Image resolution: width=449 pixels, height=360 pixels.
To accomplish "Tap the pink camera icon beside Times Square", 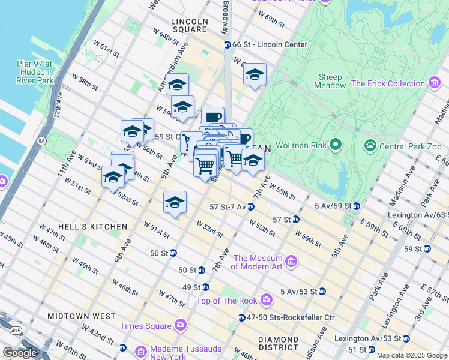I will point(181,325).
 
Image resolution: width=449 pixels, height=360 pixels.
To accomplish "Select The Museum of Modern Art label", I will point(258,262).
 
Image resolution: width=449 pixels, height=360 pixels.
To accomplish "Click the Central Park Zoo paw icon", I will point(370,146).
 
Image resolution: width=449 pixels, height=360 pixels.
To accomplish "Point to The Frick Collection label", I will point(388,83).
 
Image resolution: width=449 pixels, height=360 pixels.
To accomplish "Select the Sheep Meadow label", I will point(330,81).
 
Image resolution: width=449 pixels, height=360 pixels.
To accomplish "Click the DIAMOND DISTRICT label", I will point(278,343).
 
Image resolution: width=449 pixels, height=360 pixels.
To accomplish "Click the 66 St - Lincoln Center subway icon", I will point(228,44).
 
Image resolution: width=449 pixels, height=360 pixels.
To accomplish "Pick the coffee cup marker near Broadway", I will point(212,118).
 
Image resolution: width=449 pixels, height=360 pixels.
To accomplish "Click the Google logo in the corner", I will point(20,353).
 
